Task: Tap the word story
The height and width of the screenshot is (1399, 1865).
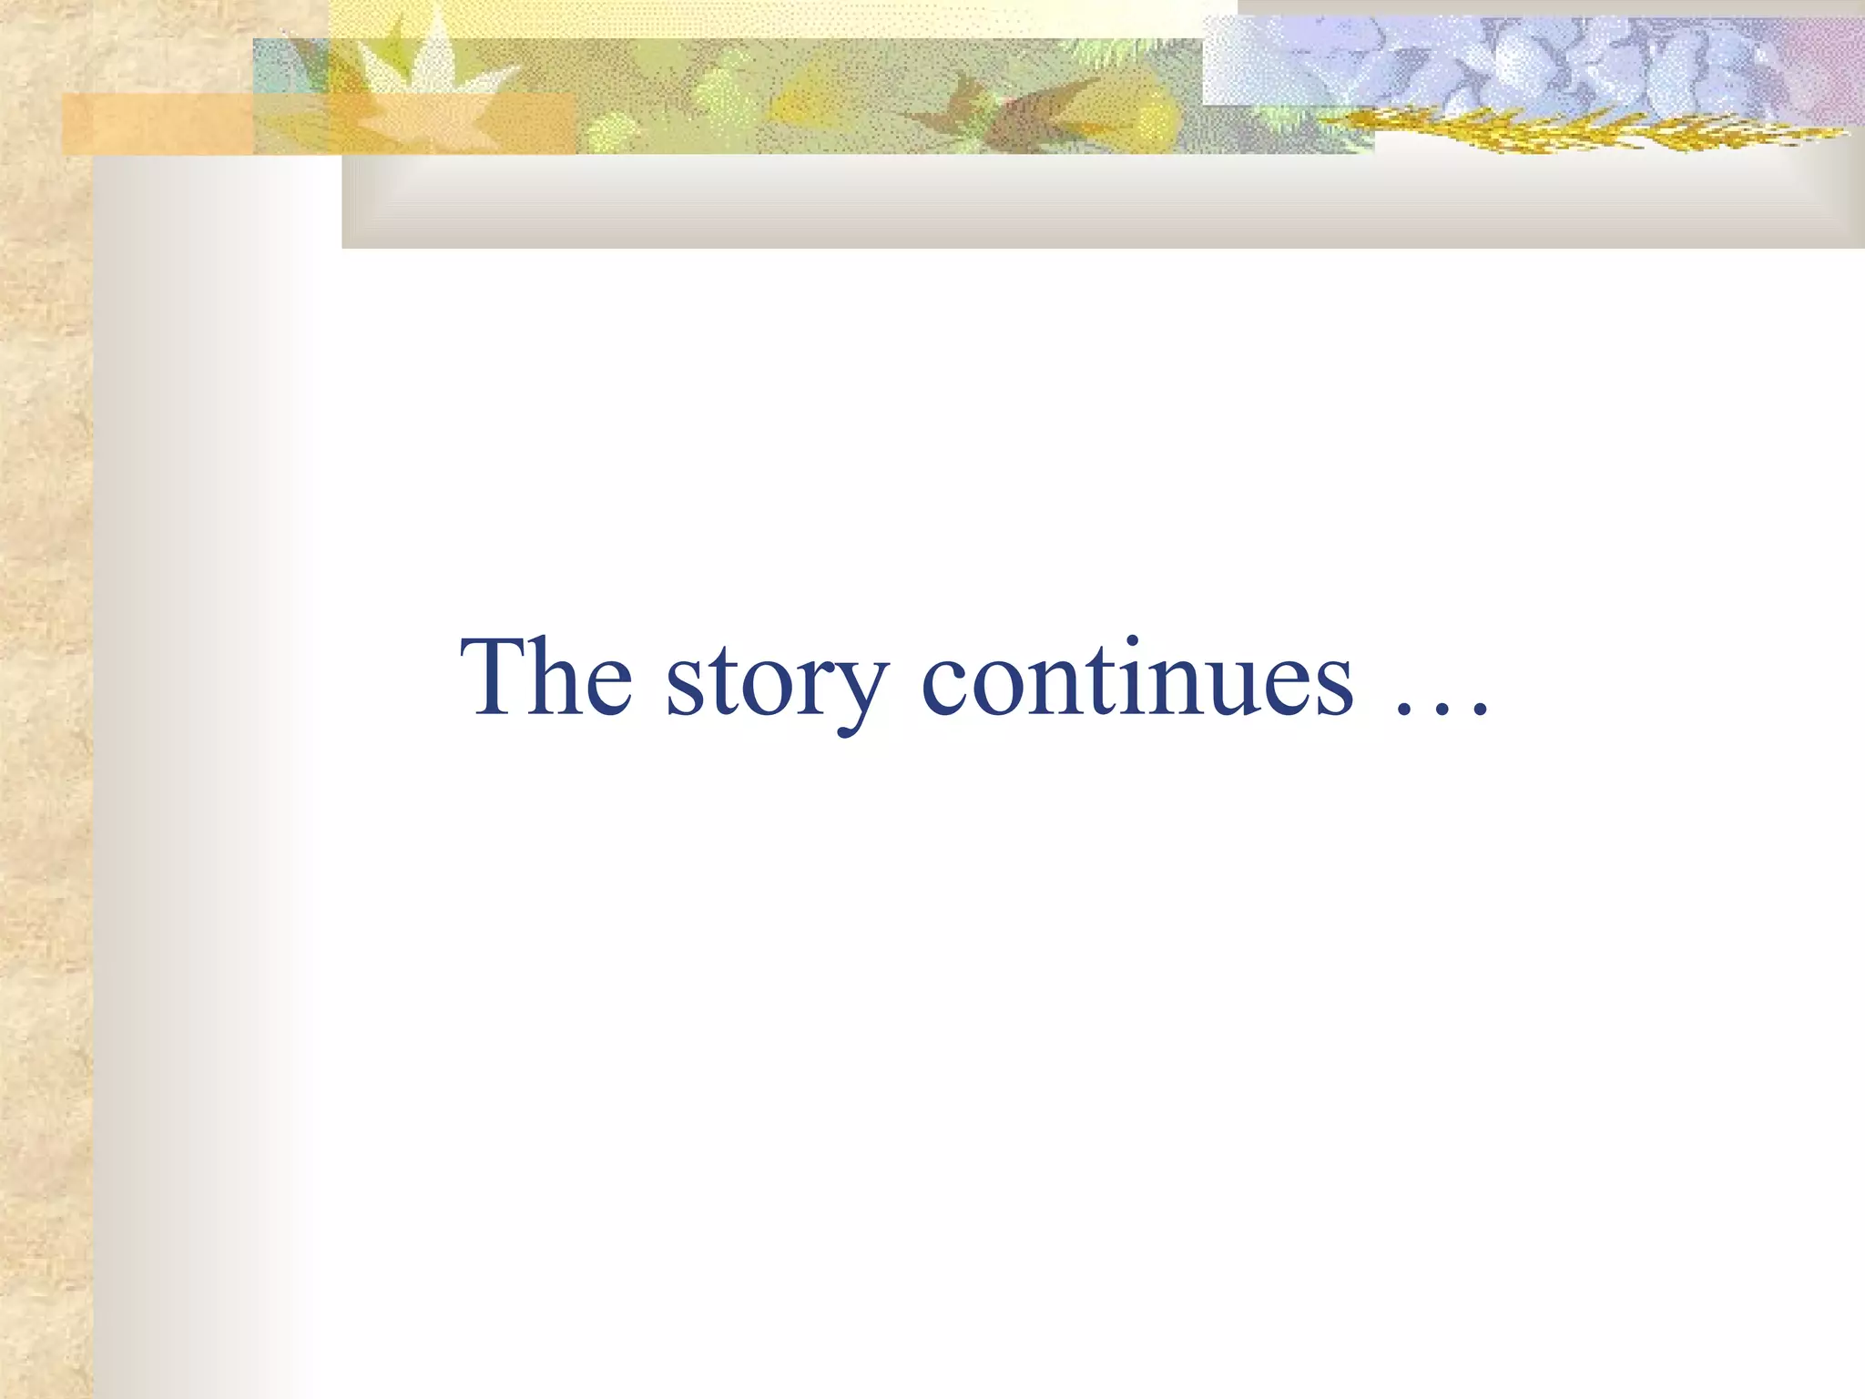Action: (777, 683)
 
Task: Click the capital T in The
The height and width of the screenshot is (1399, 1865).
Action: (494, 675)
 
